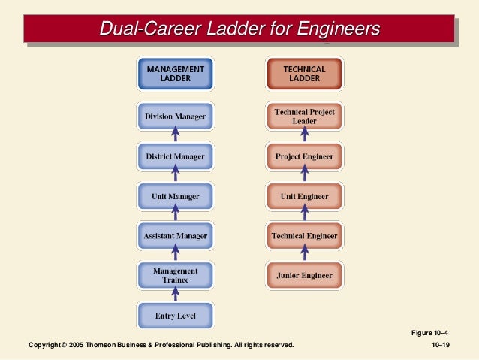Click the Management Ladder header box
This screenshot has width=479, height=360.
point(175,74)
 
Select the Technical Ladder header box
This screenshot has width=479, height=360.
point(304,74)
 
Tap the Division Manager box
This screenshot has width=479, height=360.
point(175,116)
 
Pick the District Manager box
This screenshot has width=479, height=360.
point(175,156)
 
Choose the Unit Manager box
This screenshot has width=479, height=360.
point(175,197)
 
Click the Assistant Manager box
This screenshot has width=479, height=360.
point(175,236)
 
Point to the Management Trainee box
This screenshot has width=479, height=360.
point(175,275)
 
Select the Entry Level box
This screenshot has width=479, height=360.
point(175,316)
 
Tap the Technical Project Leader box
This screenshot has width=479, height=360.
point(304,116)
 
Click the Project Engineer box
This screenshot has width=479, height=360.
point(304,156)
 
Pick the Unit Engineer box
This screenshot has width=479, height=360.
point(304,197)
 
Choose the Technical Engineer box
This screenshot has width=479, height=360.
point(304,236)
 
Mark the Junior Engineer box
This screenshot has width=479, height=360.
point(304,275)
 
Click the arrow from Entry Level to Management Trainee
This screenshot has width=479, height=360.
point(176,295)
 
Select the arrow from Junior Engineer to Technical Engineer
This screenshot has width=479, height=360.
point(304,256)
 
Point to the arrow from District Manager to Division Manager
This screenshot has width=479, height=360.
point(176,136)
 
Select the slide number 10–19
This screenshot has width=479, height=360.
point(439,345)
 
